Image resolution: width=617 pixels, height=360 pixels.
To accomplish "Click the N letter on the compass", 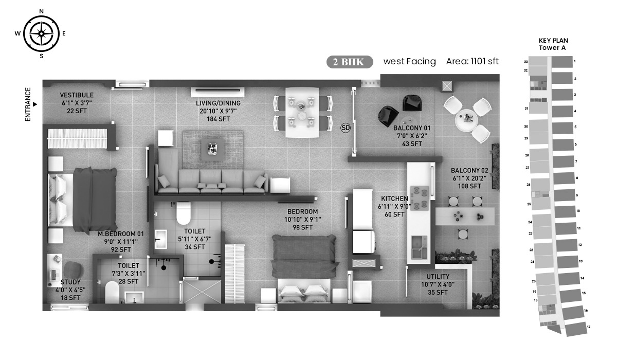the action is pyautogui.click(x=41, y=11).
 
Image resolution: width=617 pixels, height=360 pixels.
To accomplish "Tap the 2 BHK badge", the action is pyautogui.click(x=350, y=62).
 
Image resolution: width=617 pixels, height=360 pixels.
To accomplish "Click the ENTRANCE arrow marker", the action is pyautogui.click(x=35, y=104).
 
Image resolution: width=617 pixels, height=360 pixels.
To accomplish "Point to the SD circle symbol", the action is pyautogui.click(x=346, y=128).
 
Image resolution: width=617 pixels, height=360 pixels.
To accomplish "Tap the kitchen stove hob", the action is pyautogui.click(x=420, y=199).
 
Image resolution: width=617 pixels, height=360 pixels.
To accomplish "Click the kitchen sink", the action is pyautogui.click(x=419, y=247).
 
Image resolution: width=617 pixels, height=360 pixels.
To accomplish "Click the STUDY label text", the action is pyautogui.click(x=70, y=282).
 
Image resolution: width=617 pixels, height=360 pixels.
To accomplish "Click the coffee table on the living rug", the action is pyautogui.click(x=212, y=149).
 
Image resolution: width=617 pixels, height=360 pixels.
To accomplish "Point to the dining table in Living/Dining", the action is pyautogui.click(x=302, y=113).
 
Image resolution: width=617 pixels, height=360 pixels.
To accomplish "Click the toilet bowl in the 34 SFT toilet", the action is pyautogui.click(x=184, y=213).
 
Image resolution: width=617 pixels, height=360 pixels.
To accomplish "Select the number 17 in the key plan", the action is pyautogui.click(x=588, y=327).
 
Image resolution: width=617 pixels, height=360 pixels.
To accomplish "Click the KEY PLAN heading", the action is pyautogui.click(x=553, y=41).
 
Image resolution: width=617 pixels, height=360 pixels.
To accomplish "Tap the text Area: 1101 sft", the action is pyautogui.click(x=472, y=61).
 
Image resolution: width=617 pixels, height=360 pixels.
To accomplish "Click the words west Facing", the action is pyautogui.click(x=410, y=61).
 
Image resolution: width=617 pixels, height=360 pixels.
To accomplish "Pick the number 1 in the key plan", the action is pyautogui.click(x=575, y=61).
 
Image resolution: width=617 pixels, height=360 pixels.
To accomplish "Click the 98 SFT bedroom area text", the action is pyautogui.click(x=302, y=227).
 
